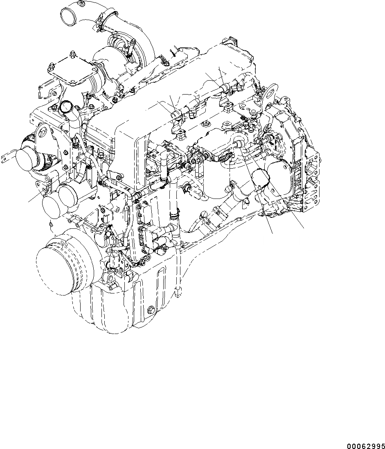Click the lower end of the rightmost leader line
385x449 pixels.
point(304,228)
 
